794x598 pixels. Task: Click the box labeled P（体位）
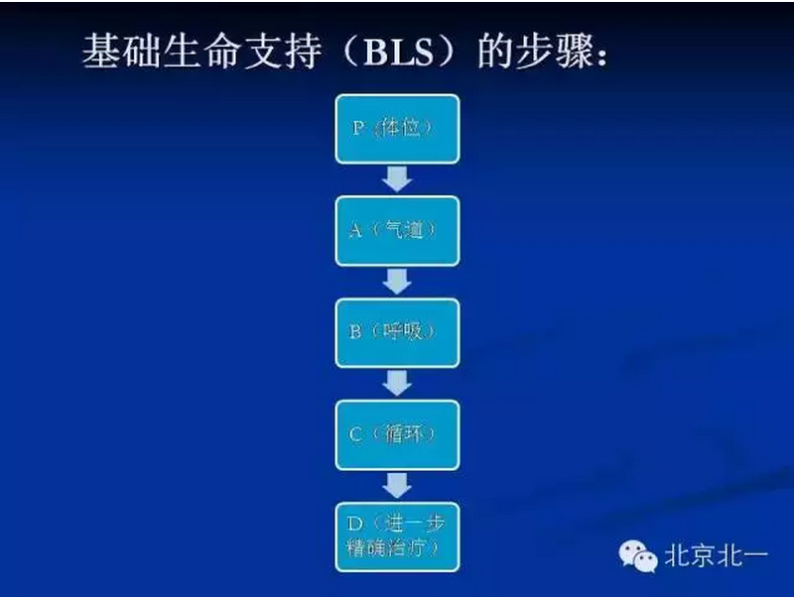pyautogui.click(x=397, y=129)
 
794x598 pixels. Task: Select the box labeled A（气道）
pyautogui.click(x=397, y=230)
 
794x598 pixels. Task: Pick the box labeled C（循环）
pyautogui.click(x=397, y=434)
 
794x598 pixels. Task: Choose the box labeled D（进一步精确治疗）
pyautogui.click(x=397, y=536)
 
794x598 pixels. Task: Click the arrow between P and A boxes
pyautogui.click(x=397, y=179)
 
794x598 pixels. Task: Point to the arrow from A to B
pyautogui.click(x=397, y=282)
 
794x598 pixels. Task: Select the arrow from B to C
pyautogui.click(x=397, y=383)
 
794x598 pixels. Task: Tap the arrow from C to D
pyautogui.click(x=397, y=485)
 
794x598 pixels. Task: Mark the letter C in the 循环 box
pyautogui.click(x=355, y=434)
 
